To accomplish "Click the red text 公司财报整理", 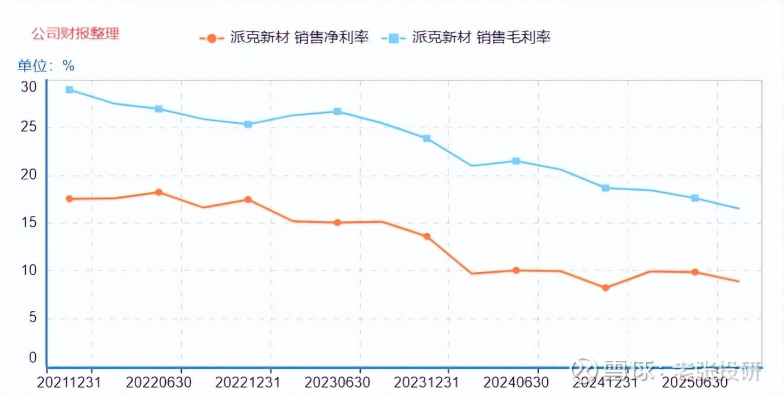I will tap(75, 33).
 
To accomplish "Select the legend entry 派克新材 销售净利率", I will tap(284, 38).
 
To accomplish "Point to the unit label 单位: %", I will tap(46, 66).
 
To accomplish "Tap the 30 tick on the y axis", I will tap(29, 87).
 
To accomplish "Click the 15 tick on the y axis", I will tap(29, 222).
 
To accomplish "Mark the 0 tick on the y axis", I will tap(33, 358).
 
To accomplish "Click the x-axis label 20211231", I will tap(69, 383).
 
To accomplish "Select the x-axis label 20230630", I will tap(337, 383).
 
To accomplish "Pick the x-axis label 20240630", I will tap(516, 383).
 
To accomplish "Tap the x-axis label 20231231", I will tap(427, 383).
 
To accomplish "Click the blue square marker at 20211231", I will tap(69, 89).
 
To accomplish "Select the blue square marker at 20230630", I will tap(338, 111).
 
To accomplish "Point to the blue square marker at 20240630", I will tap(516, 161).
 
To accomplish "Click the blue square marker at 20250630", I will tap(695, 198).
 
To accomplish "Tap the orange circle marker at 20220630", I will tap(159, 192).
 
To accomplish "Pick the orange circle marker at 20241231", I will tap(606, 288).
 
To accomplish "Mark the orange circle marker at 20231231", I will tap(427, 237).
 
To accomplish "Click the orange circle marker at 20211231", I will tap(69, 199).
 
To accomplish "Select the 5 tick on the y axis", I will tap(33, 317).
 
